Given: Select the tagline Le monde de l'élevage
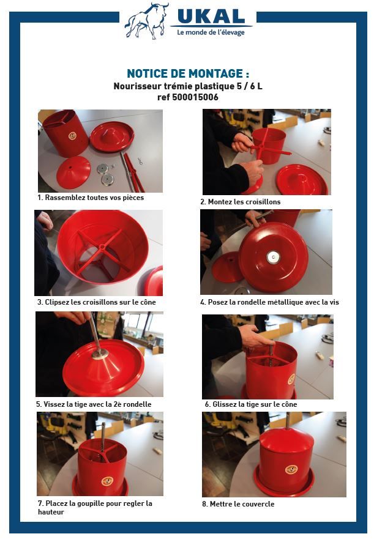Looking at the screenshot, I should [211, 32].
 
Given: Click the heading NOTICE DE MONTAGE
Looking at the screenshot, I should [187, 73].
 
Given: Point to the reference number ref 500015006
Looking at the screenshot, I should [187, 97].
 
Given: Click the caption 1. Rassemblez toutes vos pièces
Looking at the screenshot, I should [91, 198].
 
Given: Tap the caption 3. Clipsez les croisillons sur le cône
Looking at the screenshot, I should [97, 302].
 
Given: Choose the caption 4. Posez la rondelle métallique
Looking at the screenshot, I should [269, 302].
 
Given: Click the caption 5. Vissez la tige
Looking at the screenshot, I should [94, 404].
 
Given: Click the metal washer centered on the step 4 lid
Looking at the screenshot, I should [273, 258].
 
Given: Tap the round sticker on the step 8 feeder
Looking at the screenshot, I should [291, 469].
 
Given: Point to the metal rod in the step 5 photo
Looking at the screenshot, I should [95, 333].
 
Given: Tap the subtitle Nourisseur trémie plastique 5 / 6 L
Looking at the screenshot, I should [187, 86].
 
